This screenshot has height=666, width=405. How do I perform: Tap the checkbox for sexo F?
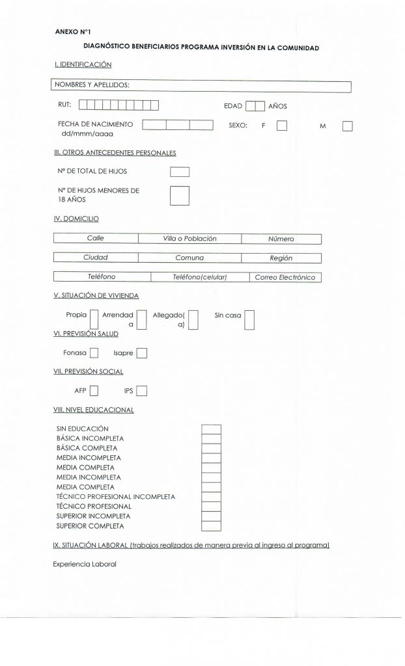coord(282,126)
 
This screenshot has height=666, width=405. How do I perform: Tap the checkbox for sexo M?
coord(346,126)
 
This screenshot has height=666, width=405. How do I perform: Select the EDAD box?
coord(255,105)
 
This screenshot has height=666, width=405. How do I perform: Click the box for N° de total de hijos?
coord(179,172)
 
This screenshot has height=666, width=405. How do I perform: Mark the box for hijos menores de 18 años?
coord(179,195)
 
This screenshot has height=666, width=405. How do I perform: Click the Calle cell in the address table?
coord(96,239)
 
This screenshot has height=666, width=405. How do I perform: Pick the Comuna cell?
coord(189,258)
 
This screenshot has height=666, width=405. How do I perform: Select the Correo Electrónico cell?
coord(285,277)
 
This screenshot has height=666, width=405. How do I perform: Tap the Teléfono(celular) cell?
coord(199,277)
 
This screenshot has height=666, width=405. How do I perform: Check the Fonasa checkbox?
coord(94,353)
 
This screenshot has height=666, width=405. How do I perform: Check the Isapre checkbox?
coord(142,353)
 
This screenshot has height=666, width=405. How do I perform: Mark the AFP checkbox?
coord(94,391)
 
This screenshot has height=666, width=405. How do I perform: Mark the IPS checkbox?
coord(142,391)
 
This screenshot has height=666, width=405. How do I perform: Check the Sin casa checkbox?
coord(249,319)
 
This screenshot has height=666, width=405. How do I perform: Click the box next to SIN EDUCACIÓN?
coord(212,429)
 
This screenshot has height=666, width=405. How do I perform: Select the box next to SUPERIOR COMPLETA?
coord(212,526)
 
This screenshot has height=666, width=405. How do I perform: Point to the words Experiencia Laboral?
coord(84,564)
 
